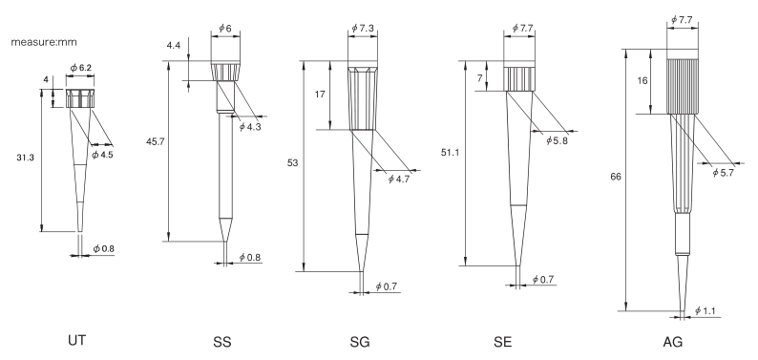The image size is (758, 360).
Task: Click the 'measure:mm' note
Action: pos(44,42)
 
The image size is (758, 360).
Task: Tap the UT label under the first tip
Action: pos(77,341)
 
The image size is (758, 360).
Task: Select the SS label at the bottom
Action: pos(222,342)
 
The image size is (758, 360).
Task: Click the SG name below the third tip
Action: pos(360,342)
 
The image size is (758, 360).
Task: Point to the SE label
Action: pos(503,342)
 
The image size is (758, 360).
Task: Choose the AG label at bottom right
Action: pos(673,342)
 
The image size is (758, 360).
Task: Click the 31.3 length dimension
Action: pos(25,158)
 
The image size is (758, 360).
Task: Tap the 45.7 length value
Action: pos(156,141)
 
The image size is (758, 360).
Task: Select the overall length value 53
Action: pos(293,163)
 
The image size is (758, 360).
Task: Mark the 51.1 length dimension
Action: pos(450,153)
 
